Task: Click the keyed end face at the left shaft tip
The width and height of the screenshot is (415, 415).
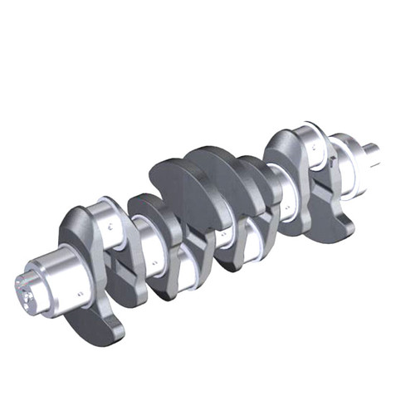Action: [27, 287]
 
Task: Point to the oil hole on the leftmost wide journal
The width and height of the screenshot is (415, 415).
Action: [80, 292]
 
